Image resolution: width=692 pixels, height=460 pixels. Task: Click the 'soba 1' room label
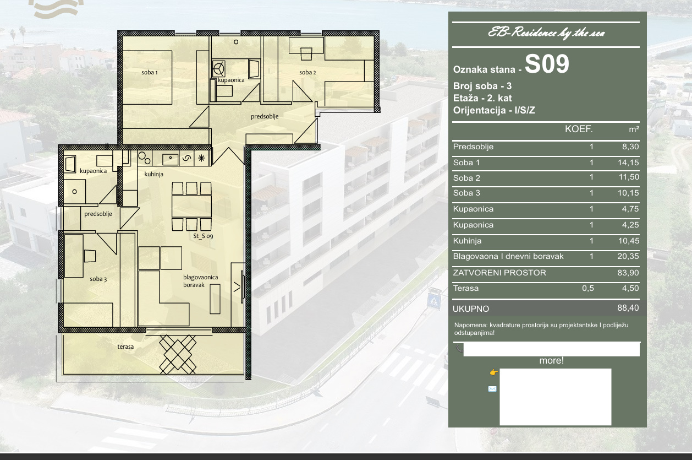(150, 72)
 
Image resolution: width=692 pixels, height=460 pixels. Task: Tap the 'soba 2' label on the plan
(307, 72)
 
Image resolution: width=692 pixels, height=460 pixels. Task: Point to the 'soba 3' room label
(98, 279)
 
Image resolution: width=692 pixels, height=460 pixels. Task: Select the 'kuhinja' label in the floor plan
(154, 174)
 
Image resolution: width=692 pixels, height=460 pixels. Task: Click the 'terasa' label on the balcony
(125, 347)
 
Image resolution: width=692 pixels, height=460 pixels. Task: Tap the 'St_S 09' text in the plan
(203, 236)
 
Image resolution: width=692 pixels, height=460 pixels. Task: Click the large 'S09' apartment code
(547, 64)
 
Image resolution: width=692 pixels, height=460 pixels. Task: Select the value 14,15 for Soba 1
(628, 163)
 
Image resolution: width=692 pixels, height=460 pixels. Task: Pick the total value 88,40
(628, 308)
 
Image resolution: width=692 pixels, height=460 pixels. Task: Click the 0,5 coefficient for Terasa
(588, 288)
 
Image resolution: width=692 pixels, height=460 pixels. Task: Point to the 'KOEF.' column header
(579, 129)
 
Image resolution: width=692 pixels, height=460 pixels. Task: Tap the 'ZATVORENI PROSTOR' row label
(499, 273)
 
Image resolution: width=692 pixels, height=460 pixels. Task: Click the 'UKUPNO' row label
(471, 309)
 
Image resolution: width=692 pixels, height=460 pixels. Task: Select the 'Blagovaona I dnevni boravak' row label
(508, 257)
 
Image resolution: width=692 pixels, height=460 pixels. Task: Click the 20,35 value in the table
(628, 256)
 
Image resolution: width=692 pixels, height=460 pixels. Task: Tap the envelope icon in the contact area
(492, 389)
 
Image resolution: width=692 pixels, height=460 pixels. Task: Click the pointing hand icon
(493, 372)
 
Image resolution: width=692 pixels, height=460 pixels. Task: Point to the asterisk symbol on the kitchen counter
(201, 159)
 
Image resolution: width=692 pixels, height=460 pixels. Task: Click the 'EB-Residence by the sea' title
(546, 33)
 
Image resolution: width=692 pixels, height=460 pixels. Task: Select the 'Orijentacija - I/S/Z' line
(494, 110)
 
